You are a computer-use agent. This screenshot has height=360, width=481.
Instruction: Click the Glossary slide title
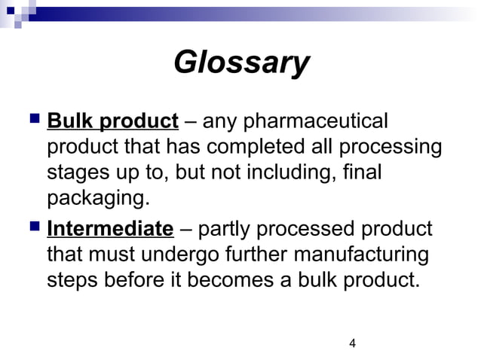point(240,63)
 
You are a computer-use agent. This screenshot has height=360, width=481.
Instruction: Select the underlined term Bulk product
point(112,121)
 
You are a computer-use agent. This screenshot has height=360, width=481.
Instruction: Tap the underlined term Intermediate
point(110,228)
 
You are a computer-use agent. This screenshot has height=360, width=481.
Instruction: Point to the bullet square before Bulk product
point(34,118)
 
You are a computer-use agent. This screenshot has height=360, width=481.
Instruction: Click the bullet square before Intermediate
point(34,226)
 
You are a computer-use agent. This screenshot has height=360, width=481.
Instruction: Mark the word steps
point(73,281)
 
